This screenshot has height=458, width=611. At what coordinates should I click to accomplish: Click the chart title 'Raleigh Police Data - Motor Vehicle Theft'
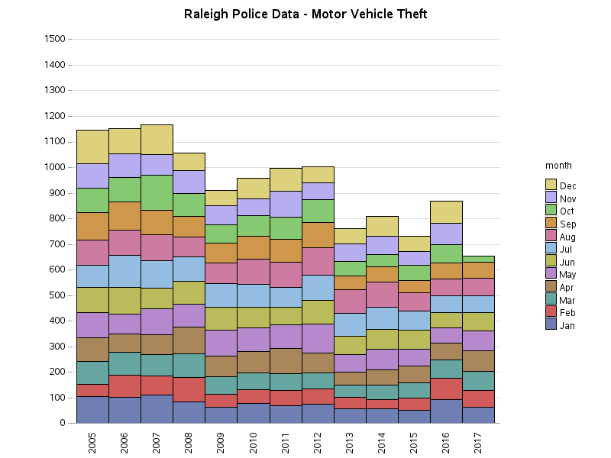[x=305, y=15]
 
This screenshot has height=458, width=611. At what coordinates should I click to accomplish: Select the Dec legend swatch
[x=551, y=185]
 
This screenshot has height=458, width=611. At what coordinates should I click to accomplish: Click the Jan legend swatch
[x=551, y=324]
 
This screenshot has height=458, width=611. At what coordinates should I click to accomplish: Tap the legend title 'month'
[x=558, y=166]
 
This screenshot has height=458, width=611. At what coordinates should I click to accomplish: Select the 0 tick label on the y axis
[x=62, y=423]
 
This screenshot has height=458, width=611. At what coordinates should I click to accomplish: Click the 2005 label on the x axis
[x=92, y=442]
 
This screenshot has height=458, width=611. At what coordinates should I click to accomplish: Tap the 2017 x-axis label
[x=478, y=442]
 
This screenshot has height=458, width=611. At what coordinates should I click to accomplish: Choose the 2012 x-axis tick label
[x=318, y=442]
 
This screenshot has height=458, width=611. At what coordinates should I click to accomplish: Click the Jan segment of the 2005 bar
[x=92, y=409]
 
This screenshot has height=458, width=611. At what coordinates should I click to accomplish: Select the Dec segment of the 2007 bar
[x=157, y=139]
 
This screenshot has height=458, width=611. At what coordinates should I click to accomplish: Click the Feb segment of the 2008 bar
[x=189, y=389]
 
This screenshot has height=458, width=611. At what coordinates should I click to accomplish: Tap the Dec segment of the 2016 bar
[x=446, y=211]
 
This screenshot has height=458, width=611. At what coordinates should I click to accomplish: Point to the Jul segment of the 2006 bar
[x=124, y=271]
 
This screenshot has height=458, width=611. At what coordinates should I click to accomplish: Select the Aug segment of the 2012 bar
[x=318, y=261]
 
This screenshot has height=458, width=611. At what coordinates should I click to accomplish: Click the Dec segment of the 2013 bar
[x=350, y=236]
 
